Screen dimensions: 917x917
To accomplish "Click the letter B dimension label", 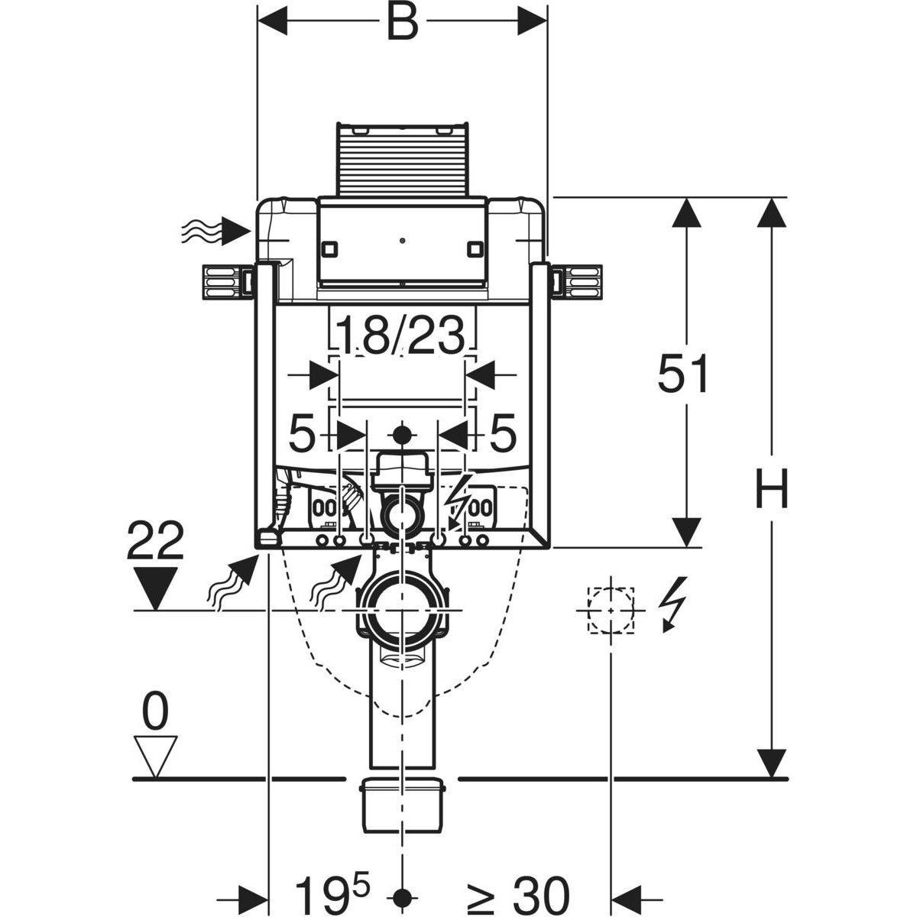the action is tap(403, 22).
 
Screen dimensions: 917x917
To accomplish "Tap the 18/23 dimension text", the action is tap(400, 336).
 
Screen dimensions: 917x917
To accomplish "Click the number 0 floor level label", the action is tap(156, 711).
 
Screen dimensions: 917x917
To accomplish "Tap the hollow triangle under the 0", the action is tap(156, 759).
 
